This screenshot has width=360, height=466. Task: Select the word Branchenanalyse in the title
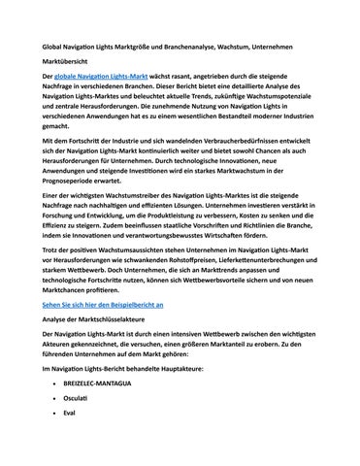tap(194, 47)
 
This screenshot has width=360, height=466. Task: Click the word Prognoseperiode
tap(78, 179)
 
